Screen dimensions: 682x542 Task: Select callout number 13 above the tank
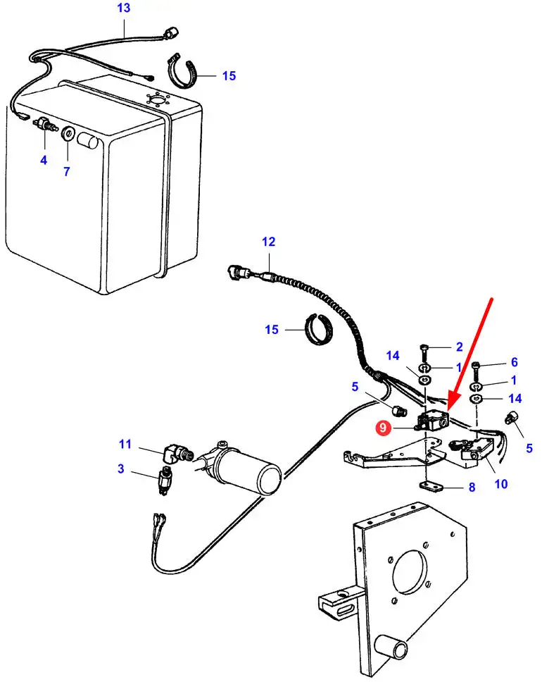click(123, 8)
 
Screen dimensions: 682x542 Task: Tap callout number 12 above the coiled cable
click(268, 242)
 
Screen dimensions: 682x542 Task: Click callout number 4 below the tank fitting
click(44, 160)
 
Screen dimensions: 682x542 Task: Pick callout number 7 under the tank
click(67, 171)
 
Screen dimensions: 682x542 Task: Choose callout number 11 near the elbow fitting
click(125, 444)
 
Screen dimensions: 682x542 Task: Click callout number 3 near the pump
click(121, 469)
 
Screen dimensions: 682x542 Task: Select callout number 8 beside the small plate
click(472, 487)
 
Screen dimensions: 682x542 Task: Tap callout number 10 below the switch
click(502, 484)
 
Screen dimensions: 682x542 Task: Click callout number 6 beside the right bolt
click(514, 362)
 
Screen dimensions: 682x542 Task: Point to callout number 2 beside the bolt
click(459, 347)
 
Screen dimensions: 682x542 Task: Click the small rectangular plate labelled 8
click(429, 487)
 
